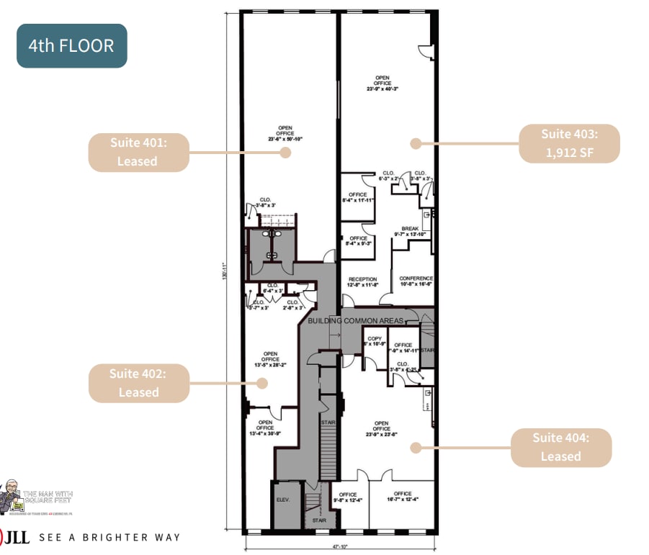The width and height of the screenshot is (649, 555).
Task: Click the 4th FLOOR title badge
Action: (71, 46)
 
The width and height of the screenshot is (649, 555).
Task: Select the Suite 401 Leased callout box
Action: (138, 152)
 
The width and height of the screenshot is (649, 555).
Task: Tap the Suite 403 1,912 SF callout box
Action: (569, 143)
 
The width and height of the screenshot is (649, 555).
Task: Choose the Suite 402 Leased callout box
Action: (138, 383)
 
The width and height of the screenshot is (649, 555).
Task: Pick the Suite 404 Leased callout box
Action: (560, 447)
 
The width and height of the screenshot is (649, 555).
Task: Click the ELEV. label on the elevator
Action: (282, 499)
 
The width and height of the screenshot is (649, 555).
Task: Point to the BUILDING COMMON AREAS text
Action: (356, 320)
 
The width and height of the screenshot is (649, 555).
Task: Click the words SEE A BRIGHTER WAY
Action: (109, 537)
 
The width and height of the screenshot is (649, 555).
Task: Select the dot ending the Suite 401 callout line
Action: (285, 152)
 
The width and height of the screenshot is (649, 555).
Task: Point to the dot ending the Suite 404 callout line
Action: (415, 447)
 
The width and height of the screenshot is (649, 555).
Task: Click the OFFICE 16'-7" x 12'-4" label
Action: (403, 497)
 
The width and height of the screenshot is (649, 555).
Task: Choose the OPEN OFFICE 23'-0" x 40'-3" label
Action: (382, 84)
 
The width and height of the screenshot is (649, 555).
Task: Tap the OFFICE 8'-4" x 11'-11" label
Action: (358, 198)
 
